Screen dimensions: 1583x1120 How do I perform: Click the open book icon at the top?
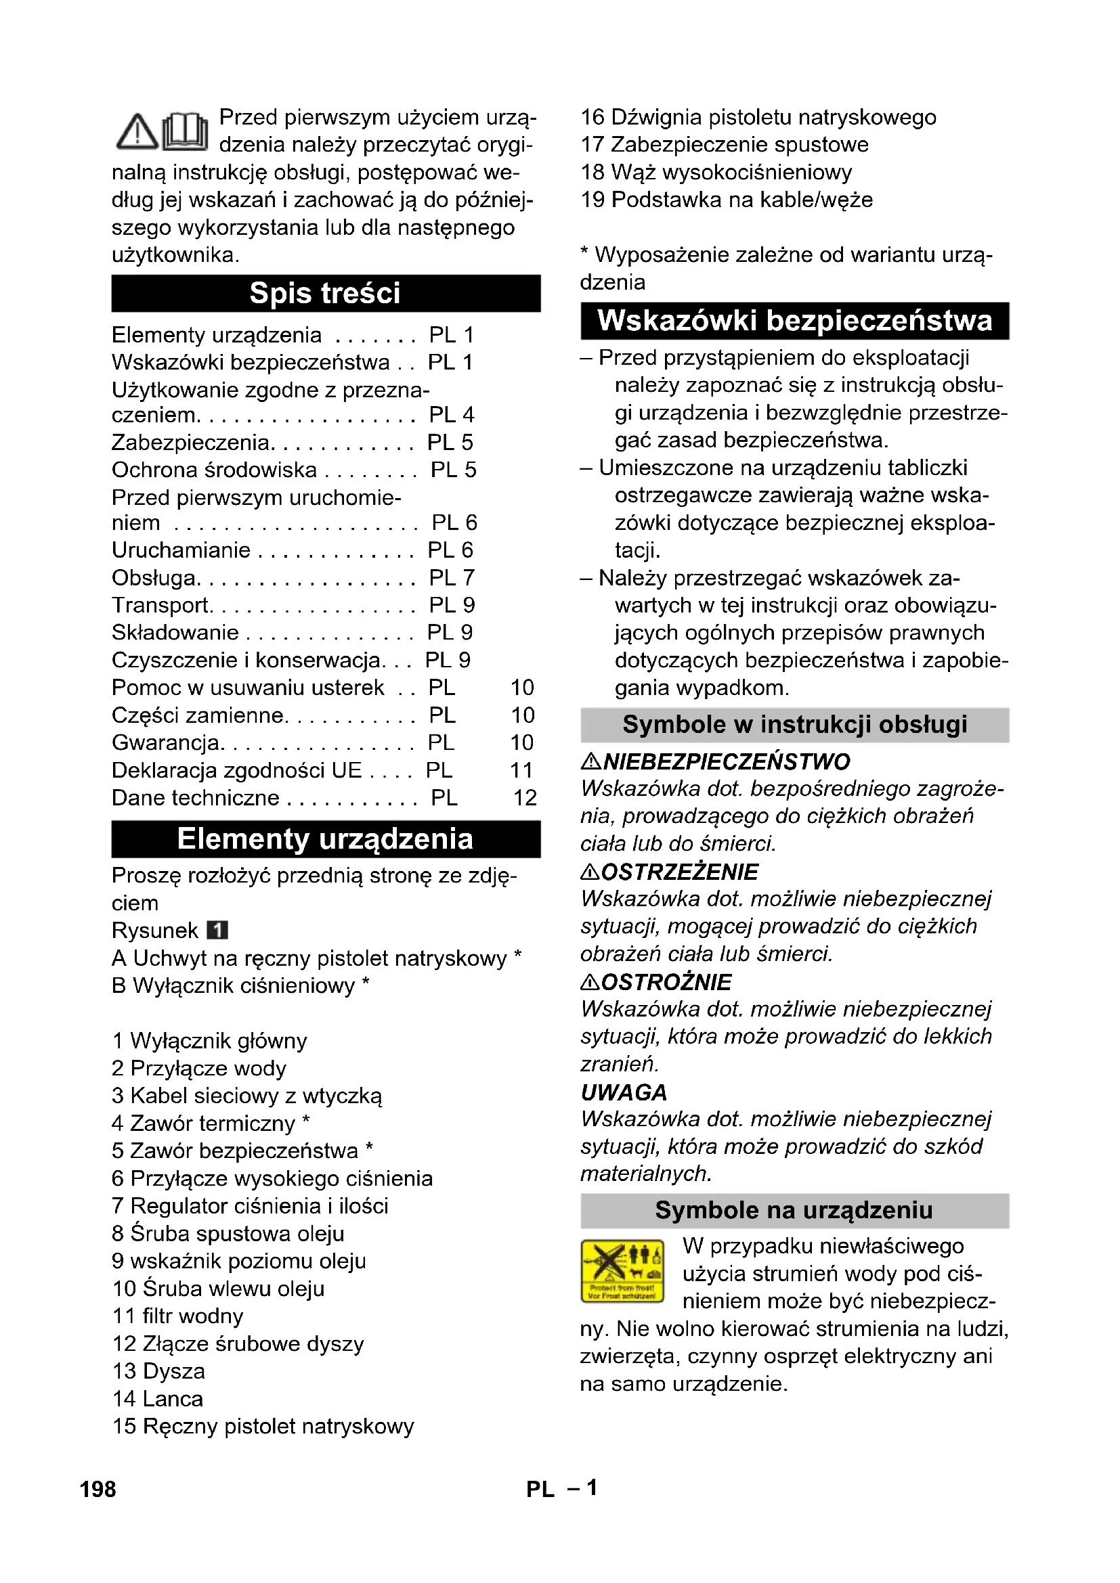tap(186, 131)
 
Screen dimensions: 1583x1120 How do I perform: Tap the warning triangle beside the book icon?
tap(137, 132)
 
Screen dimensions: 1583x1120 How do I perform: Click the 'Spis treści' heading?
tap(325, 293)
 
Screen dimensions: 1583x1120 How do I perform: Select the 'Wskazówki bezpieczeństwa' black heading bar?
tap(794, 321)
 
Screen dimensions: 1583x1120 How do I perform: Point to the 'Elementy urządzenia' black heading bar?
tap(325, 839)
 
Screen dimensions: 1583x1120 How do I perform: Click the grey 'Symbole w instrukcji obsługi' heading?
tap(794, 725)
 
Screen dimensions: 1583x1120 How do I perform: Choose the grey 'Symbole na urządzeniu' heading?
tap(794, 1210)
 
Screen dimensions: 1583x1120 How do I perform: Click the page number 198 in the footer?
tap(98, 1489)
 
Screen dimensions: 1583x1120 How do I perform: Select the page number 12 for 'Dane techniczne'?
tap(525, 798)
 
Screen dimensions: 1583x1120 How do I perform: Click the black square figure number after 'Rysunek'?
tap(217, 931)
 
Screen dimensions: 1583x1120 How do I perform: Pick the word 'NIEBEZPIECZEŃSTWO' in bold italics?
tap(726, 762)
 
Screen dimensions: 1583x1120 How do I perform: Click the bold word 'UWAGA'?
tap(624, 1093)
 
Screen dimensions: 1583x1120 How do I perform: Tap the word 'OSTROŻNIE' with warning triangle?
tap(666, 983)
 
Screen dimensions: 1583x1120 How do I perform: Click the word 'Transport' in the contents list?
tap(160, 605)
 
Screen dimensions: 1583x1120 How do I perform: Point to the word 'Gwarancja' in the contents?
tap(165, 742)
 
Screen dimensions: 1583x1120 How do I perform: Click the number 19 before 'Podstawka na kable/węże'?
tap(593, 200)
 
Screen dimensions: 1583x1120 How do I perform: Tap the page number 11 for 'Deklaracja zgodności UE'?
tap(521, 770)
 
